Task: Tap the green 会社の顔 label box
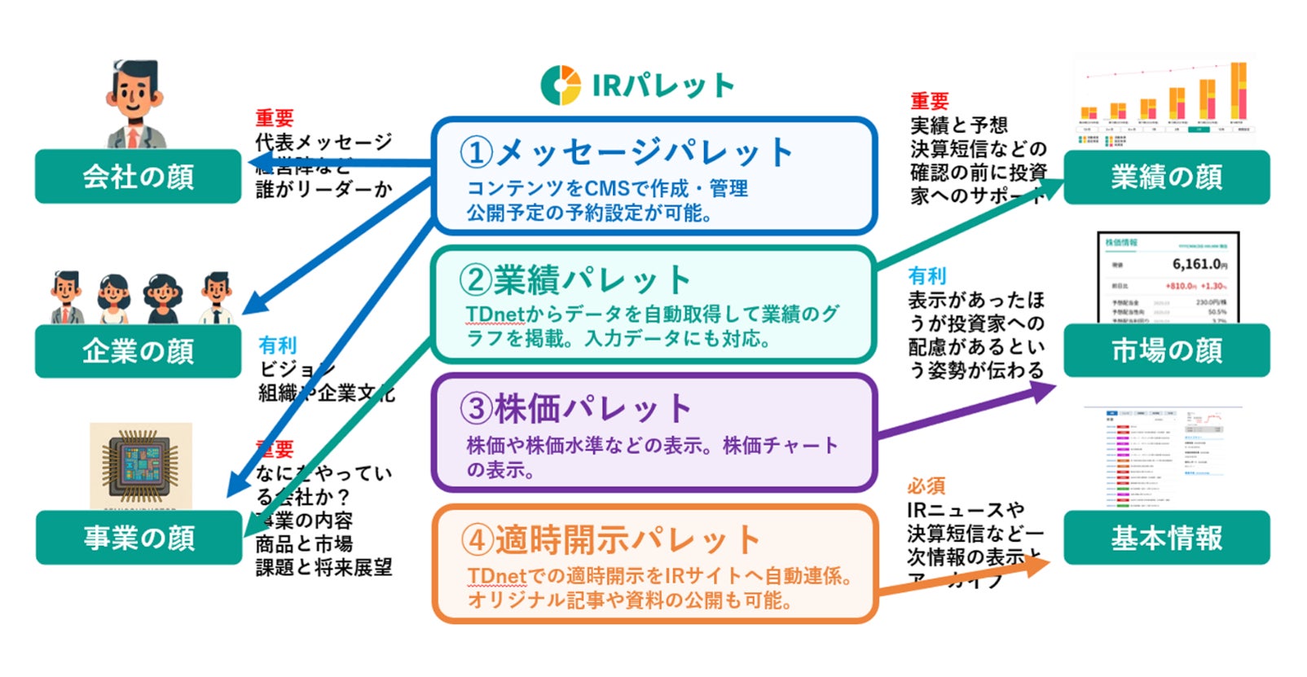[139, 177]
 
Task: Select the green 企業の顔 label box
[139, 351]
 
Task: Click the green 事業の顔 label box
[139, 538]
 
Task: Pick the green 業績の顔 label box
[1166, 177]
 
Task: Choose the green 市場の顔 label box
[1166, 350]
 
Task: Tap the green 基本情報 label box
[1166, 538]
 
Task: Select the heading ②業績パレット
[575, 280]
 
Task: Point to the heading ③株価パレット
[575, 409]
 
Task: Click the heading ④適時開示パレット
[610, 539]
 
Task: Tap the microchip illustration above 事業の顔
[141, 465]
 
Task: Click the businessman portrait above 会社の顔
[134, 103]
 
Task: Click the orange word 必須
[926, 486]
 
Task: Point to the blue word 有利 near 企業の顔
[277, 345]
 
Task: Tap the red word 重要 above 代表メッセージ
[274, 118]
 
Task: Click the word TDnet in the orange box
[497, 576]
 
